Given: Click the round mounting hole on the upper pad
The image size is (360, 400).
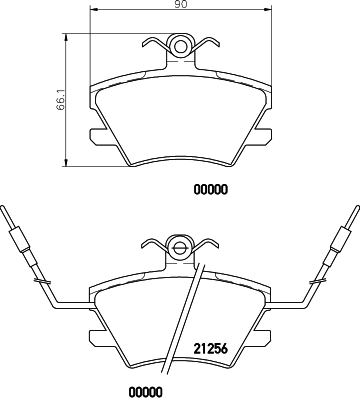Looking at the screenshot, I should (x=180, y=44).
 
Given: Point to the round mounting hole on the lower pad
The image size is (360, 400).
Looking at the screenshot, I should (x=180, y=246).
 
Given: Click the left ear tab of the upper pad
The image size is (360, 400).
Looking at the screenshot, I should (x=97, y=137).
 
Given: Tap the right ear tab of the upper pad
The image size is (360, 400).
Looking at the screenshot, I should (x=263, y=137).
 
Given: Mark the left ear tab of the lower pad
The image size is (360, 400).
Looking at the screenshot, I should (x=97, y=338).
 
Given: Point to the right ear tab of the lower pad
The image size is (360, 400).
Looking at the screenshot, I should (x=263, y=338).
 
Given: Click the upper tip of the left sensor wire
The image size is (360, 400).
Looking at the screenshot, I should (x=7, y=209).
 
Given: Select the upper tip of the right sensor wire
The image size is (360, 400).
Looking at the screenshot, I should (x=353, y=209).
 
